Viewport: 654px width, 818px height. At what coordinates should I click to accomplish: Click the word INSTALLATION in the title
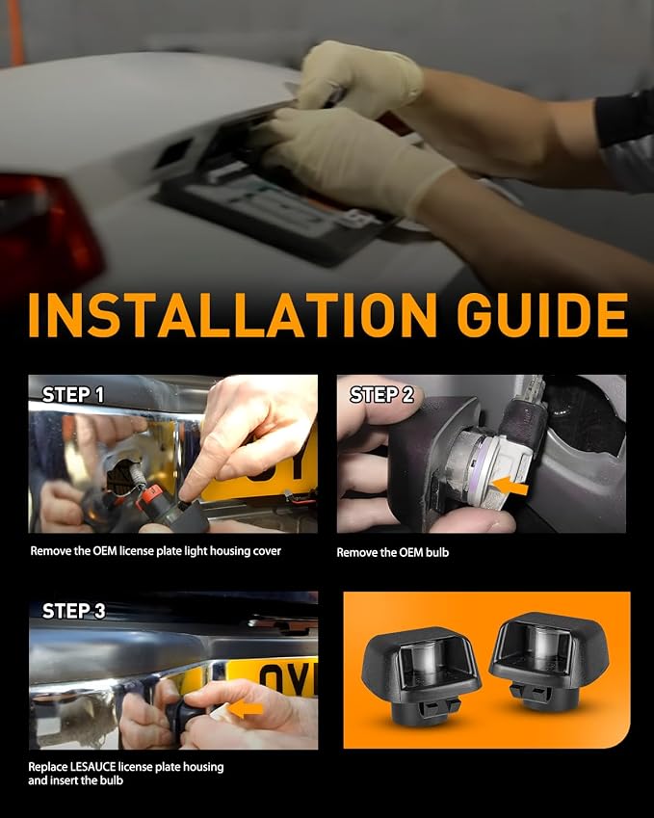point(232,314)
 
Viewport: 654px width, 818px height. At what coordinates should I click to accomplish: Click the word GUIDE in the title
point(542,314)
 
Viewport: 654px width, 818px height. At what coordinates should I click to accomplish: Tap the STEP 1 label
point(73,395)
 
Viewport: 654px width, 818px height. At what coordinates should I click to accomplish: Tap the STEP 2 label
point(381,395)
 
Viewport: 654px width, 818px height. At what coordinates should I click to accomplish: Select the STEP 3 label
point(73,611)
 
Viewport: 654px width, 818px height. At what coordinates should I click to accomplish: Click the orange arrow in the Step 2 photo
point(510,487)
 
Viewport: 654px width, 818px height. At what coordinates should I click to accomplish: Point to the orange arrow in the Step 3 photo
point(246,708)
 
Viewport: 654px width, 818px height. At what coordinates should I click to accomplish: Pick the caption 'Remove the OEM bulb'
point(392,552)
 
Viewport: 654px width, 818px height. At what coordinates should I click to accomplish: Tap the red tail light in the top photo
point(47,229)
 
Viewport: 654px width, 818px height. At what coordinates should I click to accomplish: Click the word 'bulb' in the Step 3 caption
point(112,780)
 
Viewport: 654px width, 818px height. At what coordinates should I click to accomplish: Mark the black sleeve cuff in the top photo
point(624,119)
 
